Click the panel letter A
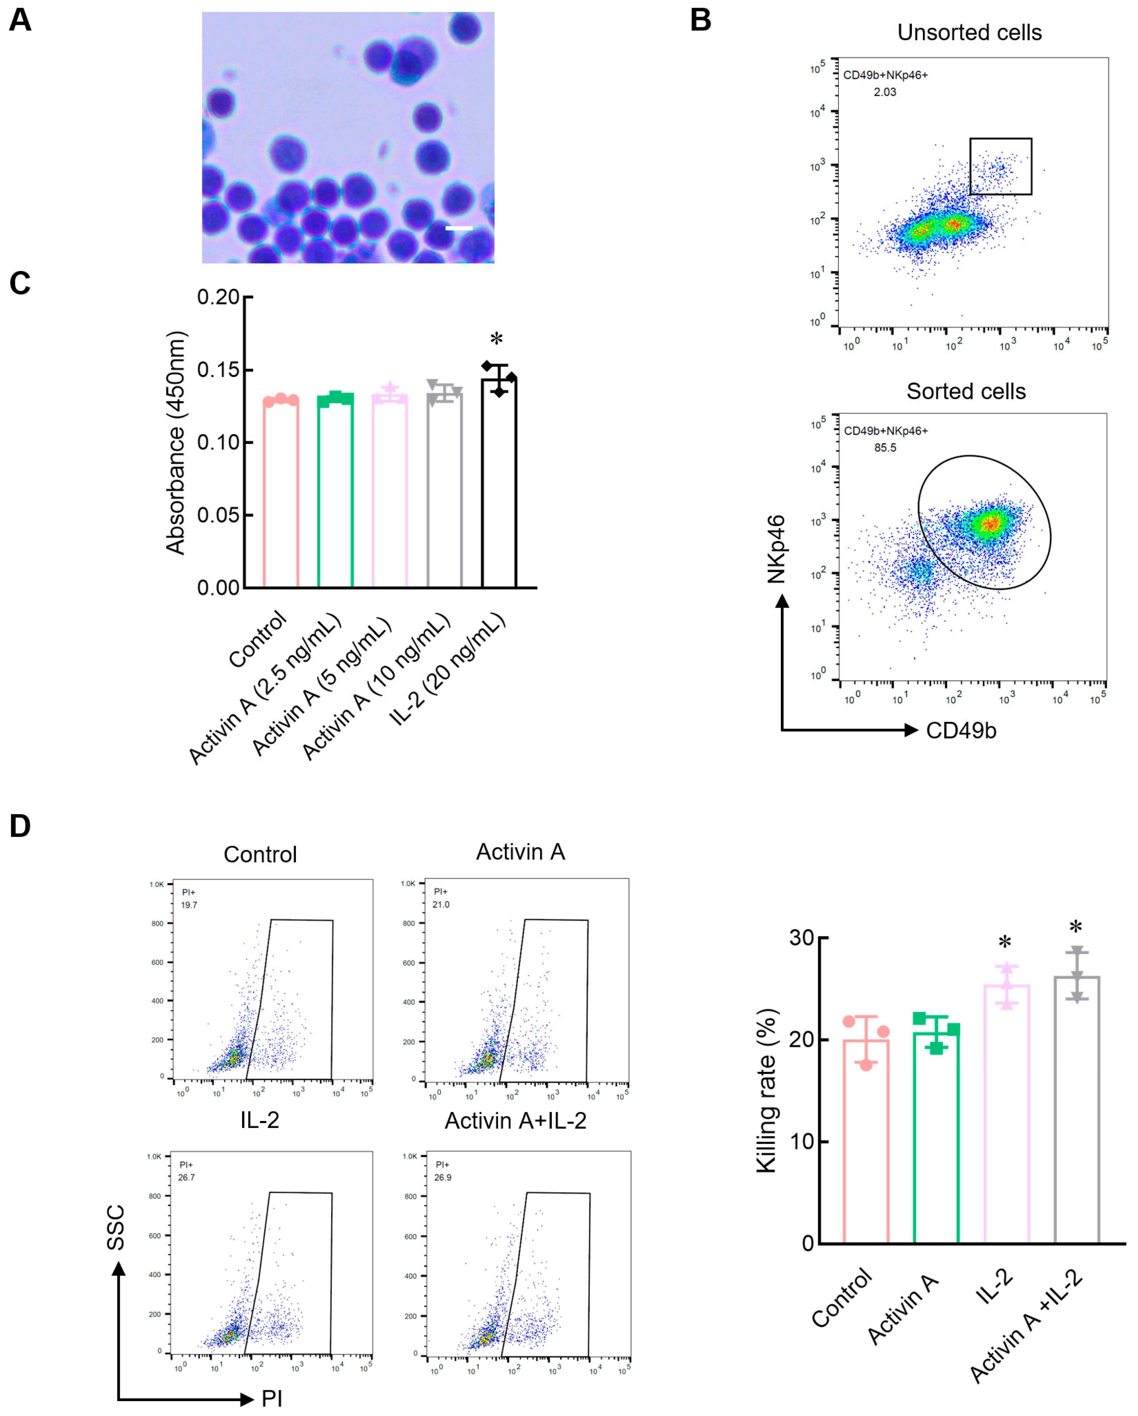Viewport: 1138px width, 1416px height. (x=20, y=20)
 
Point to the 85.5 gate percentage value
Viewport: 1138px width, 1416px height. (x=885, y=448)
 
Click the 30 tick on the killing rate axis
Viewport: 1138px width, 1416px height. (x=801, y=938)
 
